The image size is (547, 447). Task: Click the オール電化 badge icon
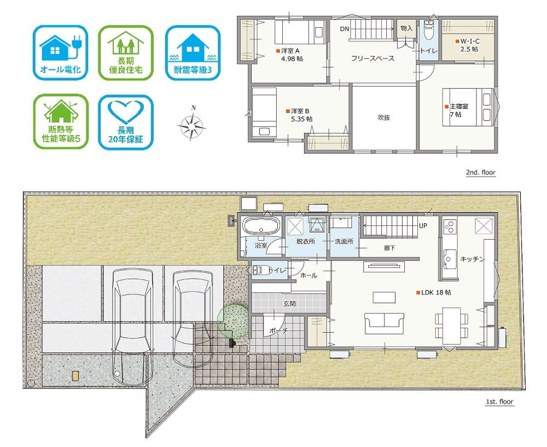(x=60, y=53)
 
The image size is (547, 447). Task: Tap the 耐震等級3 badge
(x=193, y=53)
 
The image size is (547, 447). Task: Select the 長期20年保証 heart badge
(x=126, y=122)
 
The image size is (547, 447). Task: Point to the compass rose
(x=191, y=124)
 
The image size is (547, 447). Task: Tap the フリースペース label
(x=373, y=59)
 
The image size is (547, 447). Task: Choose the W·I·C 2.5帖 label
(x=468, y=45)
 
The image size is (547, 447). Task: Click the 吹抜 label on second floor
(x=384, y=118)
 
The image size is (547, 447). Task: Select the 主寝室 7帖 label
(x=457, y=110)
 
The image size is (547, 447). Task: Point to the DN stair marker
(x=344, y=29)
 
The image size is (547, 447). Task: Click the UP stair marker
(x=423, y=226)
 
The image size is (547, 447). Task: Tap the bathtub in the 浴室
(x=261, y=226)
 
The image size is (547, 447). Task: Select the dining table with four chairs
(x=451, y=326)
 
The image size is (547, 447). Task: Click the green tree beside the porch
(x=233, y=321)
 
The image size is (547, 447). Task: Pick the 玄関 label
(x=289, y=304)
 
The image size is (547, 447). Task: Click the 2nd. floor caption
(x=480, y=172)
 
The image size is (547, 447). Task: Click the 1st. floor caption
(x=499, y=402)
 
